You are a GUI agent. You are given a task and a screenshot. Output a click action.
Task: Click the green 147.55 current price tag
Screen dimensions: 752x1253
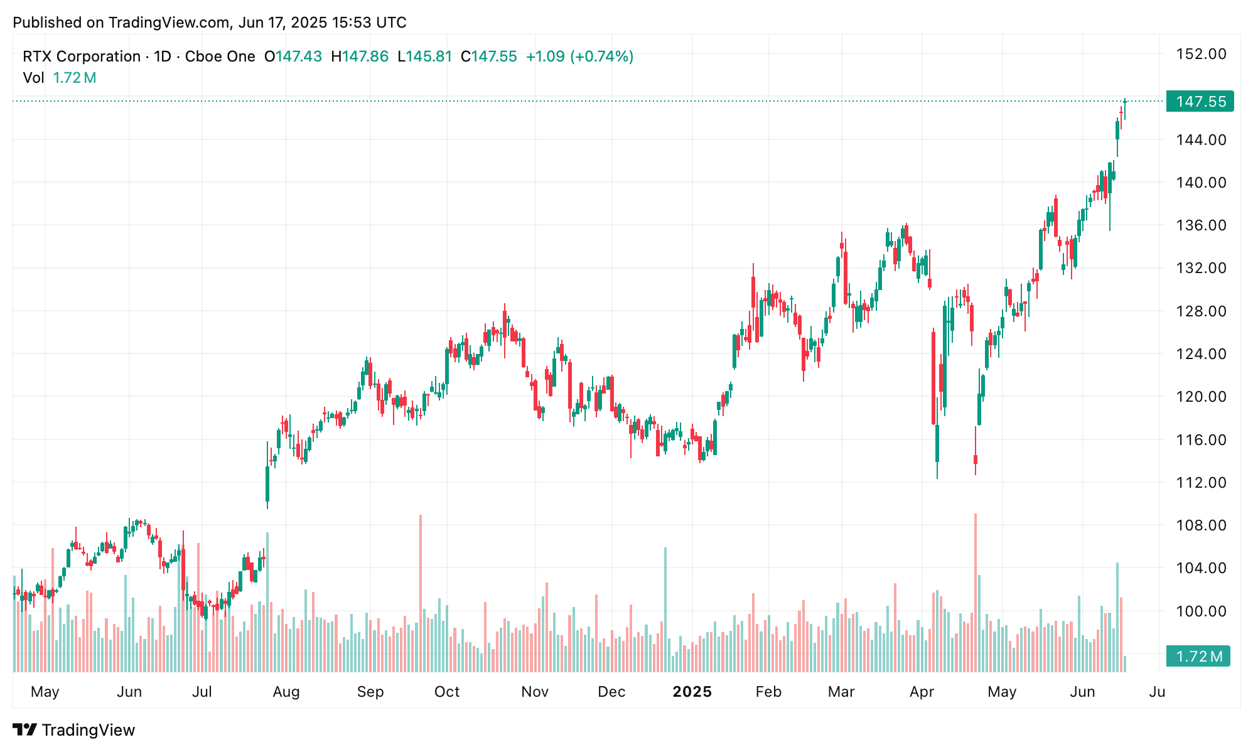(1200, 102)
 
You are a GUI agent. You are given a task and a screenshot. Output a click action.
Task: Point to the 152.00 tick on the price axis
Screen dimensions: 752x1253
(1201, 54)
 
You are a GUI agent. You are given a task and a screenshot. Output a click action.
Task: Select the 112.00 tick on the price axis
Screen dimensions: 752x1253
(1201, 482)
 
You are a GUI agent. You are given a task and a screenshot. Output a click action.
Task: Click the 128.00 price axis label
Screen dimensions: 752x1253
(1201, 311)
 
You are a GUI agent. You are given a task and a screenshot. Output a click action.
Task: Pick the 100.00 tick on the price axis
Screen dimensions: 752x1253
(1201, 611)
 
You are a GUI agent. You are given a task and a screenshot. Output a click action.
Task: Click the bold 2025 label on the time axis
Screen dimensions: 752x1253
(692, 692)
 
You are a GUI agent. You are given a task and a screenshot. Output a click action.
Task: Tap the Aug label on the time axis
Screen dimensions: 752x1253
(286, 692)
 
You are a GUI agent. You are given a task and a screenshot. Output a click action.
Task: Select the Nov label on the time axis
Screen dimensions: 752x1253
(535, 692)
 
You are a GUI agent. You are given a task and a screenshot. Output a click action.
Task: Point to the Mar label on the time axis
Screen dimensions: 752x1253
(841, 692)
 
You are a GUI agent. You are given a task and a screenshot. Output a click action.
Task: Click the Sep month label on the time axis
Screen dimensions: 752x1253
(370, 692)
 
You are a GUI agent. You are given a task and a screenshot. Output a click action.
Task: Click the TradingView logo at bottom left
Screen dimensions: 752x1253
(74, 730)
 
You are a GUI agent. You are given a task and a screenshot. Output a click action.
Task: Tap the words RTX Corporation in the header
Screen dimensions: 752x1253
(82, 56)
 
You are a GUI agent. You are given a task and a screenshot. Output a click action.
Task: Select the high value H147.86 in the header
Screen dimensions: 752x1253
(360, 56)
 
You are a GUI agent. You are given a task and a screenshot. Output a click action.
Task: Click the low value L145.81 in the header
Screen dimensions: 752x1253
(425, 56)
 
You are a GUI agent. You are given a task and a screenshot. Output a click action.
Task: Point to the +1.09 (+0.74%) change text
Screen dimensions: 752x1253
(579, 56)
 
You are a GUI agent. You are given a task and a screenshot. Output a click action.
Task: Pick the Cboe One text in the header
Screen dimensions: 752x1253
(220, 56)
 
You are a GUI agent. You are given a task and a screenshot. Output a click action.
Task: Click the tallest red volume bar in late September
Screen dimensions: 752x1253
(421, 593)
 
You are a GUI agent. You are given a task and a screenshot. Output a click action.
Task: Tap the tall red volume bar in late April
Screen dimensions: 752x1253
(976, 593)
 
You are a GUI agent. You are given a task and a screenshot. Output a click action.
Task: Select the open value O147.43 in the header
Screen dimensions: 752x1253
(293, 56)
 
